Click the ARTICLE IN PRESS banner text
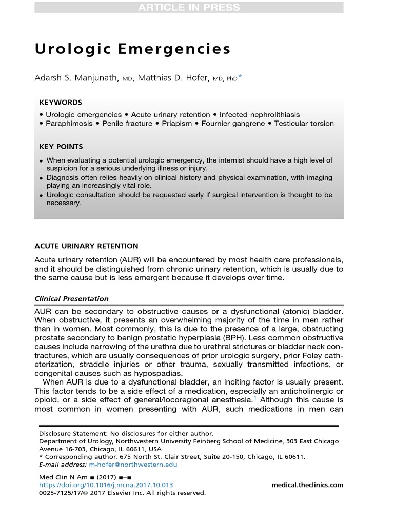pos(189,7)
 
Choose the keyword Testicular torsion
pos(304,124)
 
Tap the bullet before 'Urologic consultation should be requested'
pos(41,196)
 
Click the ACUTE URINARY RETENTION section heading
pos(86,246)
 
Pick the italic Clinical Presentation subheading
pos(71,299)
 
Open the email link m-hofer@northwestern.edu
pos(133,465)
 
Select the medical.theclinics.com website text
pos(307,485)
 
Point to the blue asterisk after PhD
pos(240,77)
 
